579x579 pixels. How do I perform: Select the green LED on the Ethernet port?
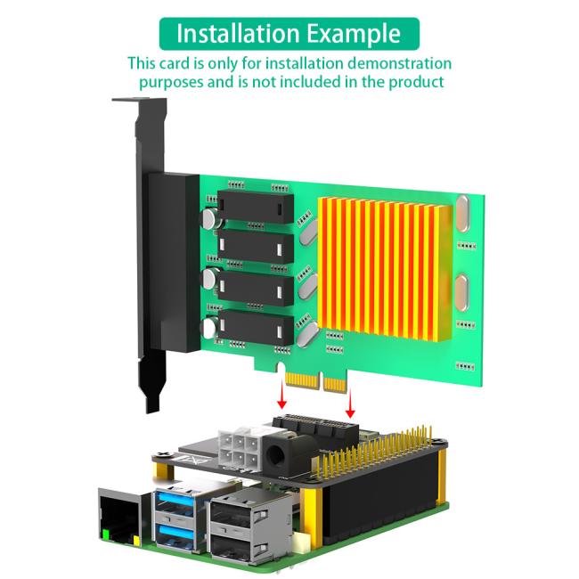click(107, 536)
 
